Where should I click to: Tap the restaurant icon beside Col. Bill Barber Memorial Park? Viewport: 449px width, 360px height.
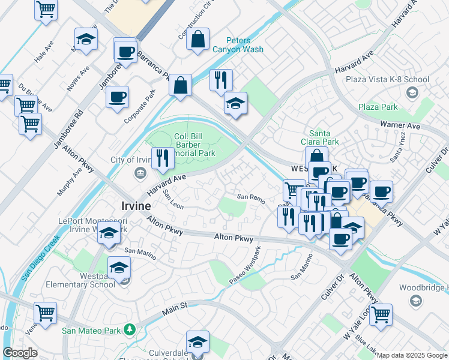click(x=162, y=158)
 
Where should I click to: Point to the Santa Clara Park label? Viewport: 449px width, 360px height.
click(x=324, y=137)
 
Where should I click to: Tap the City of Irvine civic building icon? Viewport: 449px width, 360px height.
click(x=139, y=173)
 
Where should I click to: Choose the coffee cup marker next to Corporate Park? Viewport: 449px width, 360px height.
click(x=117, y=96)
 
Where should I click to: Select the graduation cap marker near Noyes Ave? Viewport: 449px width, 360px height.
click(x=86, y=40)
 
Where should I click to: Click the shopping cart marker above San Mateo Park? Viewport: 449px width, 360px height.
click(x=46, y=313)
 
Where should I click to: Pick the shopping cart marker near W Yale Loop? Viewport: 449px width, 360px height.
click(x=381, y=313)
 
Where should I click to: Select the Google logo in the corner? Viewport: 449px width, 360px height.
click(x=20, y=353)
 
